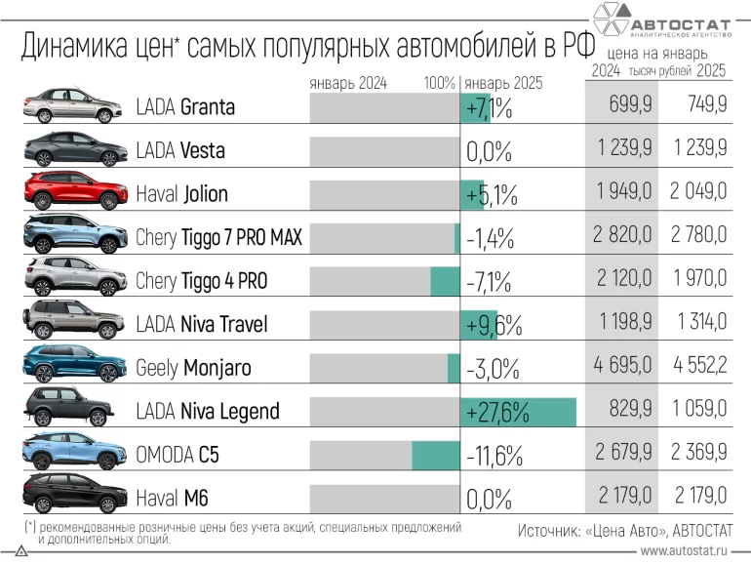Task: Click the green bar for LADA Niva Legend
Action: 518,411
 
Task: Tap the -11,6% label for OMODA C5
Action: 494,455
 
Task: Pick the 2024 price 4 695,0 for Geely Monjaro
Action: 622,368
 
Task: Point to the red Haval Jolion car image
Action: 74,192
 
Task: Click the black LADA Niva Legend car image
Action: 74,409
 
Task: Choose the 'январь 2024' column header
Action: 348,83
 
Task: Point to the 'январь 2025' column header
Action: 503,83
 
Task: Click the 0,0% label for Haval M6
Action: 490,500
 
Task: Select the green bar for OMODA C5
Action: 435,455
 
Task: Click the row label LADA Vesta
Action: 180,150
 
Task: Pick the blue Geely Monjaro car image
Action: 74,365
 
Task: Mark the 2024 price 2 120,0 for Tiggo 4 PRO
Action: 622,281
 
